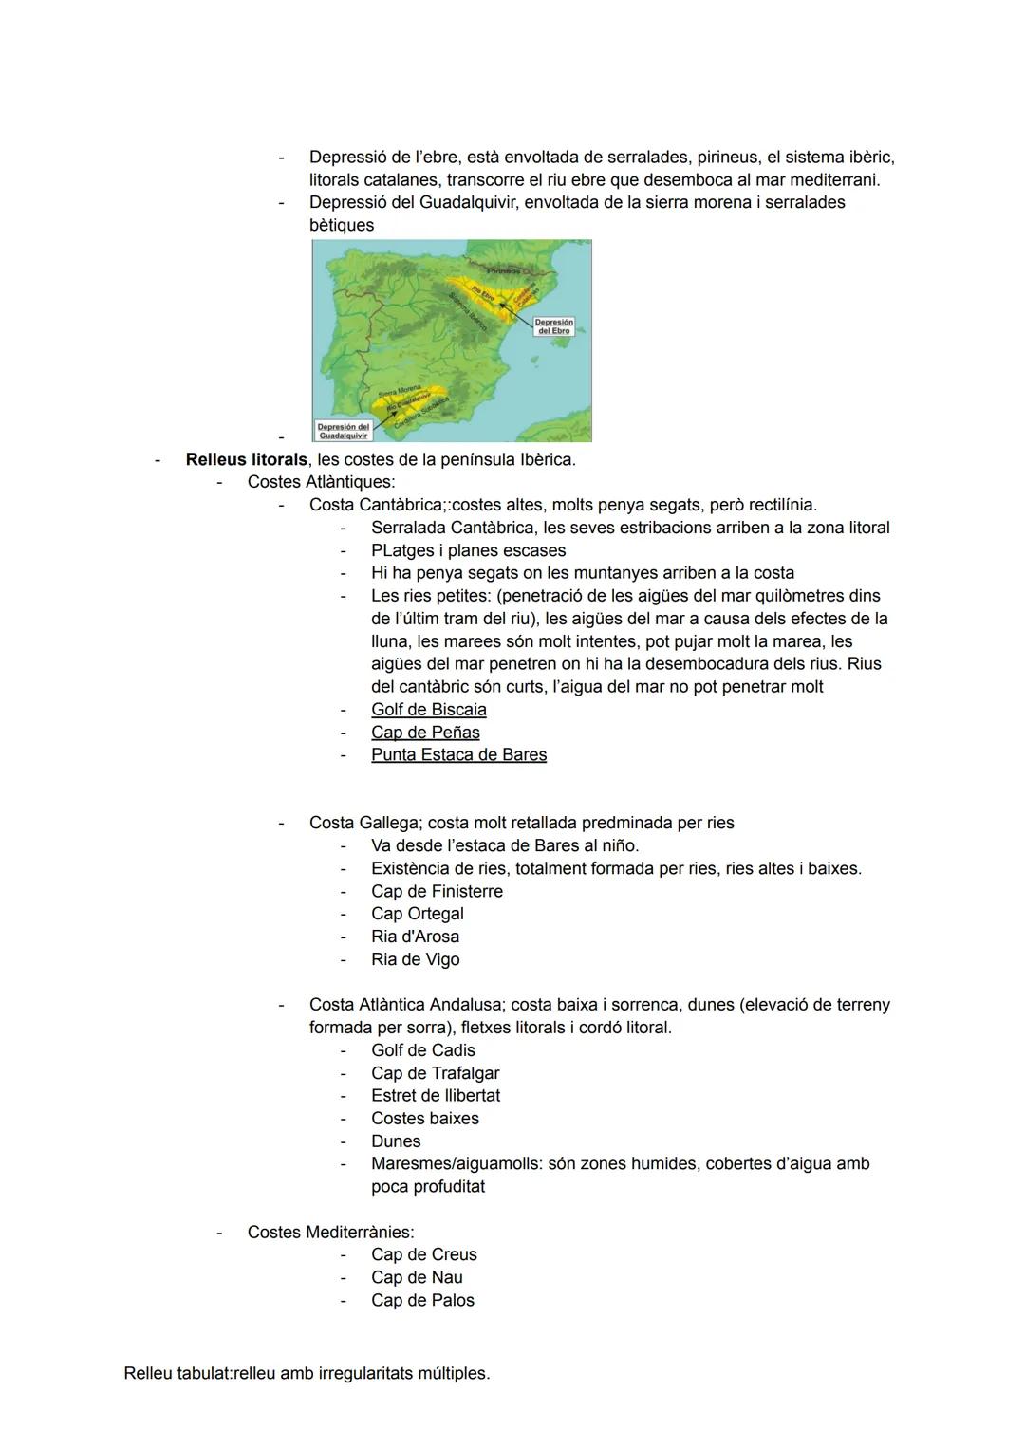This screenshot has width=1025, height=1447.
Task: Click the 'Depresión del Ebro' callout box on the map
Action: (553, 326)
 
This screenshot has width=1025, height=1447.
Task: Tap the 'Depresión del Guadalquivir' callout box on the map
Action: (344, 431)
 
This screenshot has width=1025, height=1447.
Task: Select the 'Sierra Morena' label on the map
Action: (400, 391)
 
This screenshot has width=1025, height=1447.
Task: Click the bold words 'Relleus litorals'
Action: (246, 460)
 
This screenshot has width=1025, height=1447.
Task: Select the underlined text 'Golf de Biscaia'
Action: (428, 710)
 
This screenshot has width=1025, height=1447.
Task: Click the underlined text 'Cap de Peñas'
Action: (425, 733)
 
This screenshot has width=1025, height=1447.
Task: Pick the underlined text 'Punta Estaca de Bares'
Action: (458, 755)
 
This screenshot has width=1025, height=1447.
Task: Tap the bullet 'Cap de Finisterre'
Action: (437, 892)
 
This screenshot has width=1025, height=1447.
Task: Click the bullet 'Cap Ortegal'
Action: (417, 915)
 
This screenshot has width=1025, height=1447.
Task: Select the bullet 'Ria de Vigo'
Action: (415, 960)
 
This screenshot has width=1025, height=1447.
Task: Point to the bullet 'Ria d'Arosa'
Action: (415, 937)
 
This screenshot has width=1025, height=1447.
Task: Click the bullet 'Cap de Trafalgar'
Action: (435, 1074)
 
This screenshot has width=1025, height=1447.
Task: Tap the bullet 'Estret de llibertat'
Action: (435, 1096)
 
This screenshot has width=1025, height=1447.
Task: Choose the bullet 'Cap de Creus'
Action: (423, 1255)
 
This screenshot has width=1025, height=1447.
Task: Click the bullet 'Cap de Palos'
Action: (422, 1301)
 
